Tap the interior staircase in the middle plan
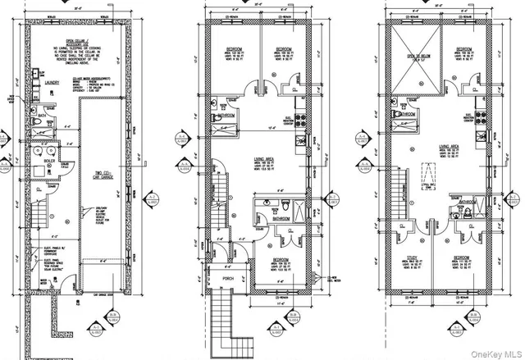(x=220, y=199)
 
